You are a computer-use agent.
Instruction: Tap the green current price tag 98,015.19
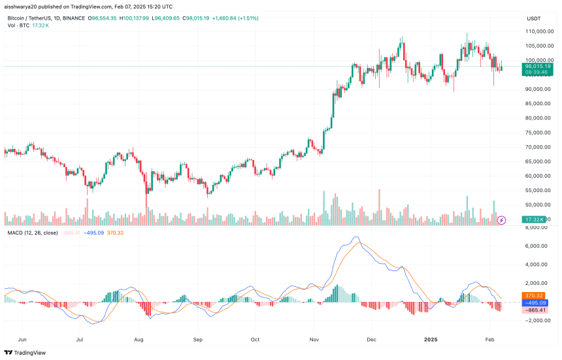pos(537,66)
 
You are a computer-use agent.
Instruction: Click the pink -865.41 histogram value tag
pos(535,310)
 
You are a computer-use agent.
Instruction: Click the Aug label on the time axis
pos(139,340)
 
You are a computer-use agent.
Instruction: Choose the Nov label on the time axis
pos(314,340)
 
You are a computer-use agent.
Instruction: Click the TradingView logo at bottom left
pos(25,352)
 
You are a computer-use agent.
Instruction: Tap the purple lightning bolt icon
pos(501,220)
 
